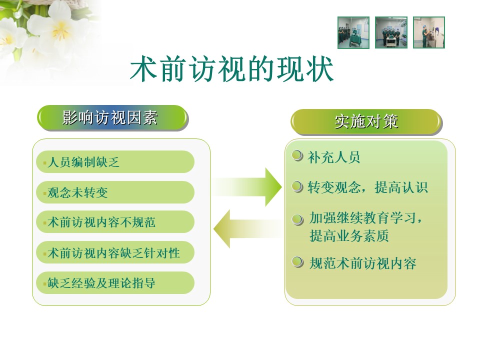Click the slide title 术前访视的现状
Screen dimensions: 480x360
click(231, 69)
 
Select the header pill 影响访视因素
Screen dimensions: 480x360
click(112, 118)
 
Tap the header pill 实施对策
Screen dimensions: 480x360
click(366, 122)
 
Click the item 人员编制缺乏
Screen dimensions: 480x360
click(115, 161)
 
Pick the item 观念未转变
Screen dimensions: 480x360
click(115, 192)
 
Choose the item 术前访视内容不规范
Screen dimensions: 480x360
click(115, 222)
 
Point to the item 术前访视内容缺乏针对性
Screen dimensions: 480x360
click(115, 252)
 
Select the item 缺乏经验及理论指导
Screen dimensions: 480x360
click(115, 283)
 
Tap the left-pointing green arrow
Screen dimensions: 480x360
click(248, 228)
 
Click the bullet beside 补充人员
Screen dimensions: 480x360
click(297, 156)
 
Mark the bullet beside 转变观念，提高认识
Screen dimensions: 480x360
click(297, 186)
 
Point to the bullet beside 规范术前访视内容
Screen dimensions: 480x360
click(297, 262)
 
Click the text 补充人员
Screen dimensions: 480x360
click(333, 157)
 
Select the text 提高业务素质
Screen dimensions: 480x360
click(349, 235)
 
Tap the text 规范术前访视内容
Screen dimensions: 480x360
click(363, 263)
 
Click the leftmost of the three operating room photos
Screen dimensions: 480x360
click(353, 32)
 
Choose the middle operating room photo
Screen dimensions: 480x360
click(391, 32)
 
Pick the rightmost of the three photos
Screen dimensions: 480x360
click(429, 32)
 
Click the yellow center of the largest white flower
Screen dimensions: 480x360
click(61, 29)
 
